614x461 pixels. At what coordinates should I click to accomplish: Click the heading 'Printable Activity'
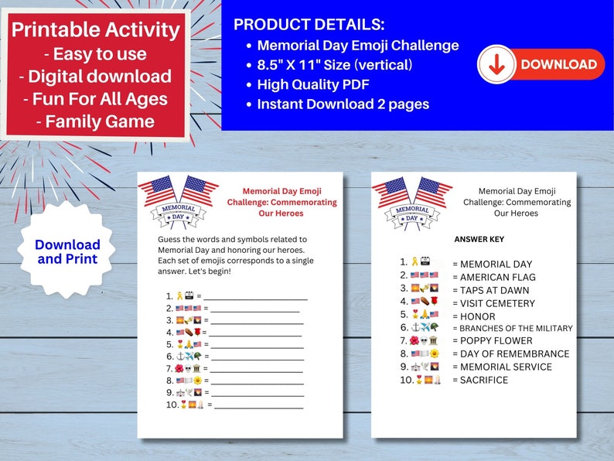(96, 31)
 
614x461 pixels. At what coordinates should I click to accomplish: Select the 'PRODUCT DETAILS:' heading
(309, 25)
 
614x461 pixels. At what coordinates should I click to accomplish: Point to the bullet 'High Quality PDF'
(316, 84)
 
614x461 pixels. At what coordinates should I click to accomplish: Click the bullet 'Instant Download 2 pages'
(343, 104)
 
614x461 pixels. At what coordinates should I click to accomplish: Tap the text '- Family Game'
(95, 121)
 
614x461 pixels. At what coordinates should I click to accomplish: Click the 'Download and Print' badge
(67, 251)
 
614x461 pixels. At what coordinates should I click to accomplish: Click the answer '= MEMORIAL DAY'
(492, 264)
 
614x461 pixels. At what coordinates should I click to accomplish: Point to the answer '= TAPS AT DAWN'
(493, 290)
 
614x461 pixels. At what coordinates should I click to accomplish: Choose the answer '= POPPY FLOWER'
(492, 340)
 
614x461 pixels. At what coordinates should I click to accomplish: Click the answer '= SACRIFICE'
(480, 380)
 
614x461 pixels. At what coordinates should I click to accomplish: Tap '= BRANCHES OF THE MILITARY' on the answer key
(512, 328)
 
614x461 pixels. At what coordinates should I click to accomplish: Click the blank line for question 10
(259, 406)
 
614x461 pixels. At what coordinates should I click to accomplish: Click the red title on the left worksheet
(281, 202)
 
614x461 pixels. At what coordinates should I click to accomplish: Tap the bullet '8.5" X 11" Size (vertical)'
(335, 65)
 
